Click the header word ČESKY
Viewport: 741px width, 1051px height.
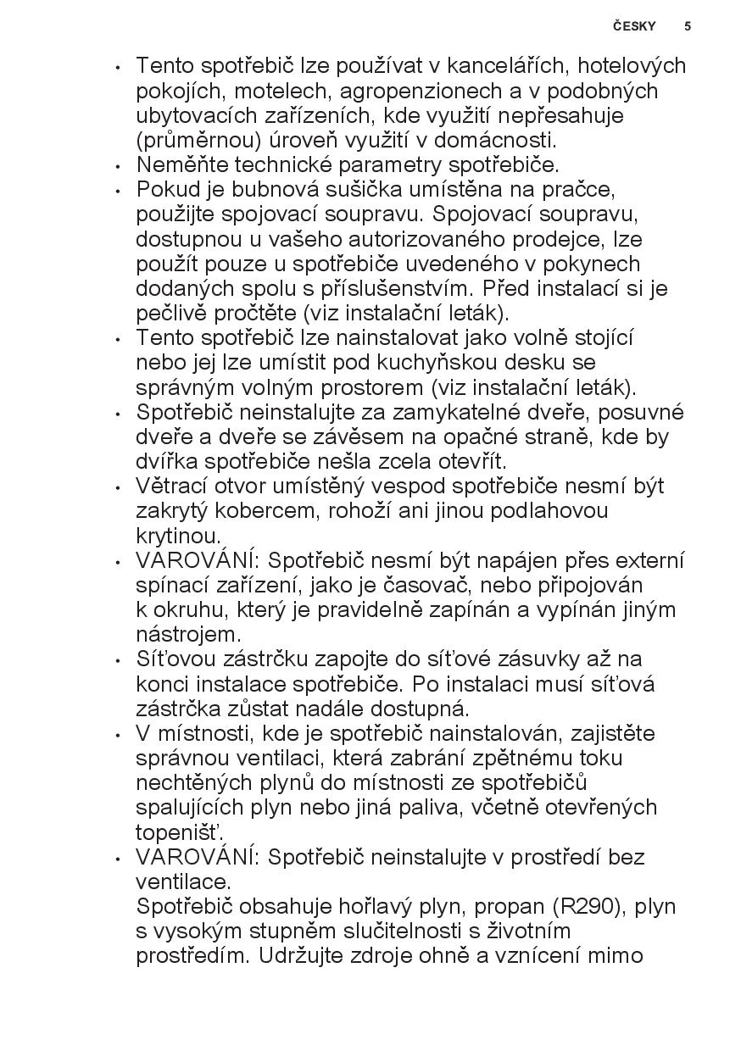pos(634,26)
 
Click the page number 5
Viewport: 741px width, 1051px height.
pos(688,26)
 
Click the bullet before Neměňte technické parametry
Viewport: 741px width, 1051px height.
pos(118,165)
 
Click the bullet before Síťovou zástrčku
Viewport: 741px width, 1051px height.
pos(118,659)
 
